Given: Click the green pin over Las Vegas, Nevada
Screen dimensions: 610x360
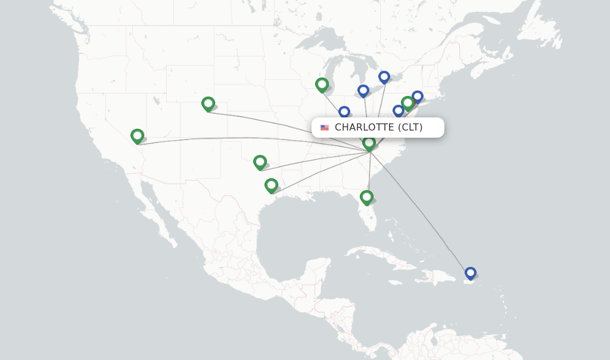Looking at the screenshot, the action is pyautogui.click(x=137, y=136).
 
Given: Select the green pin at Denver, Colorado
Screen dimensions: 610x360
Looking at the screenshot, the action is pyautogui.click(x=208, y=104).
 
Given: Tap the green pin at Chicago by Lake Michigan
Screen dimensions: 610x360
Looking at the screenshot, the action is pyautogui.click(x=322, y=85).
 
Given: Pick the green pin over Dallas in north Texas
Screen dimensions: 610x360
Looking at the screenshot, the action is pyautogui.click(x=260, y=162).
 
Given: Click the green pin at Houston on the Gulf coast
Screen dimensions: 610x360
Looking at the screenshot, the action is pyautogui.click(x=271, y=185).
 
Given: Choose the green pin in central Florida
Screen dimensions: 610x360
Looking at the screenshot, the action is pyautogui.click(x=366, y=197).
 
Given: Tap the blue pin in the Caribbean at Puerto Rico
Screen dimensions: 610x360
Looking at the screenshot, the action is pyautogui.click(x=471, y=273).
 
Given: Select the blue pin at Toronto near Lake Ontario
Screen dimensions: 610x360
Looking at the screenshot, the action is pyautogui.click(x=384, y=76).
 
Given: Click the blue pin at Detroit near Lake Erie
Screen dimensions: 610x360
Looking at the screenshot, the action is pyautogui.click(x=363, y=91).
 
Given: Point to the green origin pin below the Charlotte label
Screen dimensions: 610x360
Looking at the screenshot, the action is pyautogui.click(x=369, y=142).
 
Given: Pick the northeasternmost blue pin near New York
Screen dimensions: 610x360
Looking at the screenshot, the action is pyautogui.click(x=418, y=96).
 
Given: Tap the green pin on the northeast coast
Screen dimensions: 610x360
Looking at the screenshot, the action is pyautogui.click(x=407, y=103).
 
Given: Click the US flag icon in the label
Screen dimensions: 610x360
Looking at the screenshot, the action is pyautogui.click(x=325, y=128).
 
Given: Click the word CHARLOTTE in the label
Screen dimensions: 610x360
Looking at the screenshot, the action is pyautogui.click(x=364, y=127).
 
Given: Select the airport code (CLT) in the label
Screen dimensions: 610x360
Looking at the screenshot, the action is pyautogui.click(x=410, y=127).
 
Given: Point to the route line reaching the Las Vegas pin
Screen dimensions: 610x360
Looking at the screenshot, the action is pyautogui.click(x=238, y=138).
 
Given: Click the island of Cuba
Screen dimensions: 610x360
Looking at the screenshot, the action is pyautogui.click(x=381, y=253).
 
